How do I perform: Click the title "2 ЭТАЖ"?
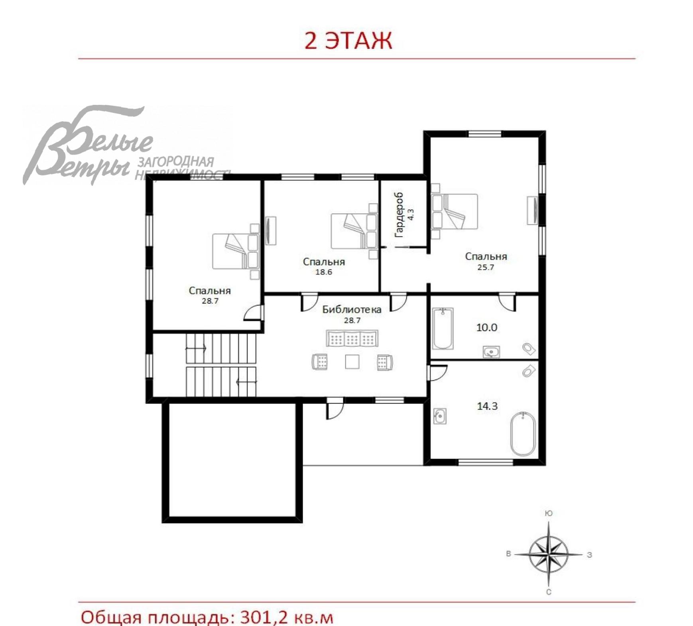click(348, 41)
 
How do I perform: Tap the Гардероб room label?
click(399, 215)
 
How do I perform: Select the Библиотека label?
click(352, 309)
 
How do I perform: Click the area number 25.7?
click(486, 267)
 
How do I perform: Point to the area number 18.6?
click(323, 272)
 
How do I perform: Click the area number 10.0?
click(487, 327)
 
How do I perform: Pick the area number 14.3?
click(487, 406)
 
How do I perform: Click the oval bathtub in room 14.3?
click(523, 434)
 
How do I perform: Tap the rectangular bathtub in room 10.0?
click(443, 329)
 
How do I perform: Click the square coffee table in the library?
click(352, 362)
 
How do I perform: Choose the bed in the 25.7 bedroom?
click(455, 211)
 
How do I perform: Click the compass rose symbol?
click(549, 554)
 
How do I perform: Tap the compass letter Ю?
click(549, 513)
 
